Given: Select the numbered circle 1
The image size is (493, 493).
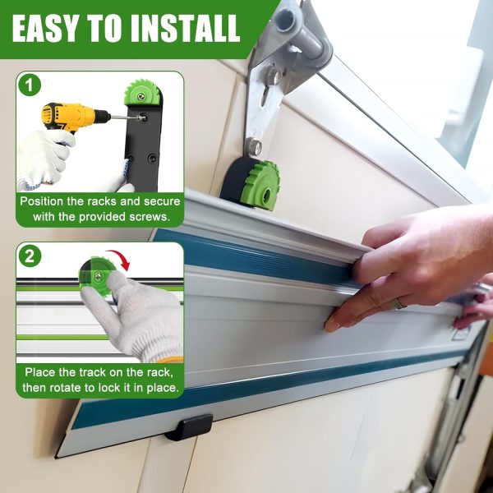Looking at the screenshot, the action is [30, 85].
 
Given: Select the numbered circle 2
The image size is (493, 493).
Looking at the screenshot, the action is [30, 256].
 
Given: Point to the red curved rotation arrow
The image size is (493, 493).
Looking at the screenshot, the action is [121, 259].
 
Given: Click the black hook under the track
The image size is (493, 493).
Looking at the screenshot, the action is [189, 426].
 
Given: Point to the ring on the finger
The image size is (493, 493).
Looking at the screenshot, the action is [401, 302].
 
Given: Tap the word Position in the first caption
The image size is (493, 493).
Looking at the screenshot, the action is [42, 201].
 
